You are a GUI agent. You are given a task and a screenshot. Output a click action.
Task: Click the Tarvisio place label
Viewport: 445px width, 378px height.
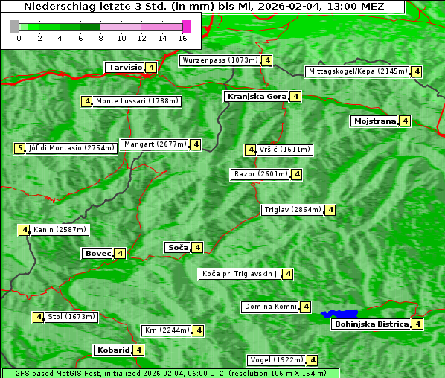coord(124,68)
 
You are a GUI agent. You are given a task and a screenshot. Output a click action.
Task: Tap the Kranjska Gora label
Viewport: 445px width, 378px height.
coord(256,97)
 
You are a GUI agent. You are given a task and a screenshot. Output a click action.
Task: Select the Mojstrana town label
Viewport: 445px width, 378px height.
coord(375,121)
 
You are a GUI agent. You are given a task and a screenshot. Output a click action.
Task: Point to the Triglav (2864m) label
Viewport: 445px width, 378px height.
coord(292,210)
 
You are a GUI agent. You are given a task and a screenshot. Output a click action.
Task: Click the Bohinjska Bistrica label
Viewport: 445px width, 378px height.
coord(371,324)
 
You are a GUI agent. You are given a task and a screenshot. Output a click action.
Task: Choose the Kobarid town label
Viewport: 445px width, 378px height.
coord(112,350)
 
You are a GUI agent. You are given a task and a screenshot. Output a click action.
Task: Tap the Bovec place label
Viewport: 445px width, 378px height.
coord(97,254)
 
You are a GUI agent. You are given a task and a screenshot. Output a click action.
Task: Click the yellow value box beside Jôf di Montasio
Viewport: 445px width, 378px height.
coord(19,148)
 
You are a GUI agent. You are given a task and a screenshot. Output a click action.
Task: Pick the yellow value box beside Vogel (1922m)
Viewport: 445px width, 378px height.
coord(313,360)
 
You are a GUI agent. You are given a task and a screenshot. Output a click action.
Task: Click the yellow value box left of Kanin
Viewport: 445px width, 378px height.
coord(25,230)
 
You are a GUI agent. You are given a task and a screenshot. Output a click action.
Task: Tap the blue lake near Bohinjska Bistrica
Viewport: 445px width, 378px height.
coord(339,314)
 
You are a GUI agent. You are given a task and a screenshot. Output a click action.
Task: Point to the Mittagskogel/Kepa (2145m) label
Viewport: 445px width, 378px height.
coord(357,71)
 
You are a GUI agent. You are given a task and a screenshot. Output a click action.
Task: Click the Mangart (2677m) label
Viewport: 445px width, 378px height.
coord(155,144)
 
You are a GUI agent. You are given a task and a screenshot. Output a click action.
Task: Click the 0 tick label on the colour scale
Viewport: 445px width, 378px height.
coord(19,38)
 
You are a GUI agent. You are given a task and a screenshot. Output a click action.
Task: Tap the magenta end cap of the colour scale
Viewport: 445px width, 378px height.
coord(186,26)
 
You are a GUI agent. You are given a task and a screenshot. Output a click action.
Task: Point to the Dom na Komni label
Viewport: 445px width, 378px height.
coord(270,307)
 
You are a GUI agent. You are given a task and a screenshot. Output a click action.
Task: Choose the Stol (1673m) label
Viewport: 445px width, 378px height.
coord(71,317)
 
